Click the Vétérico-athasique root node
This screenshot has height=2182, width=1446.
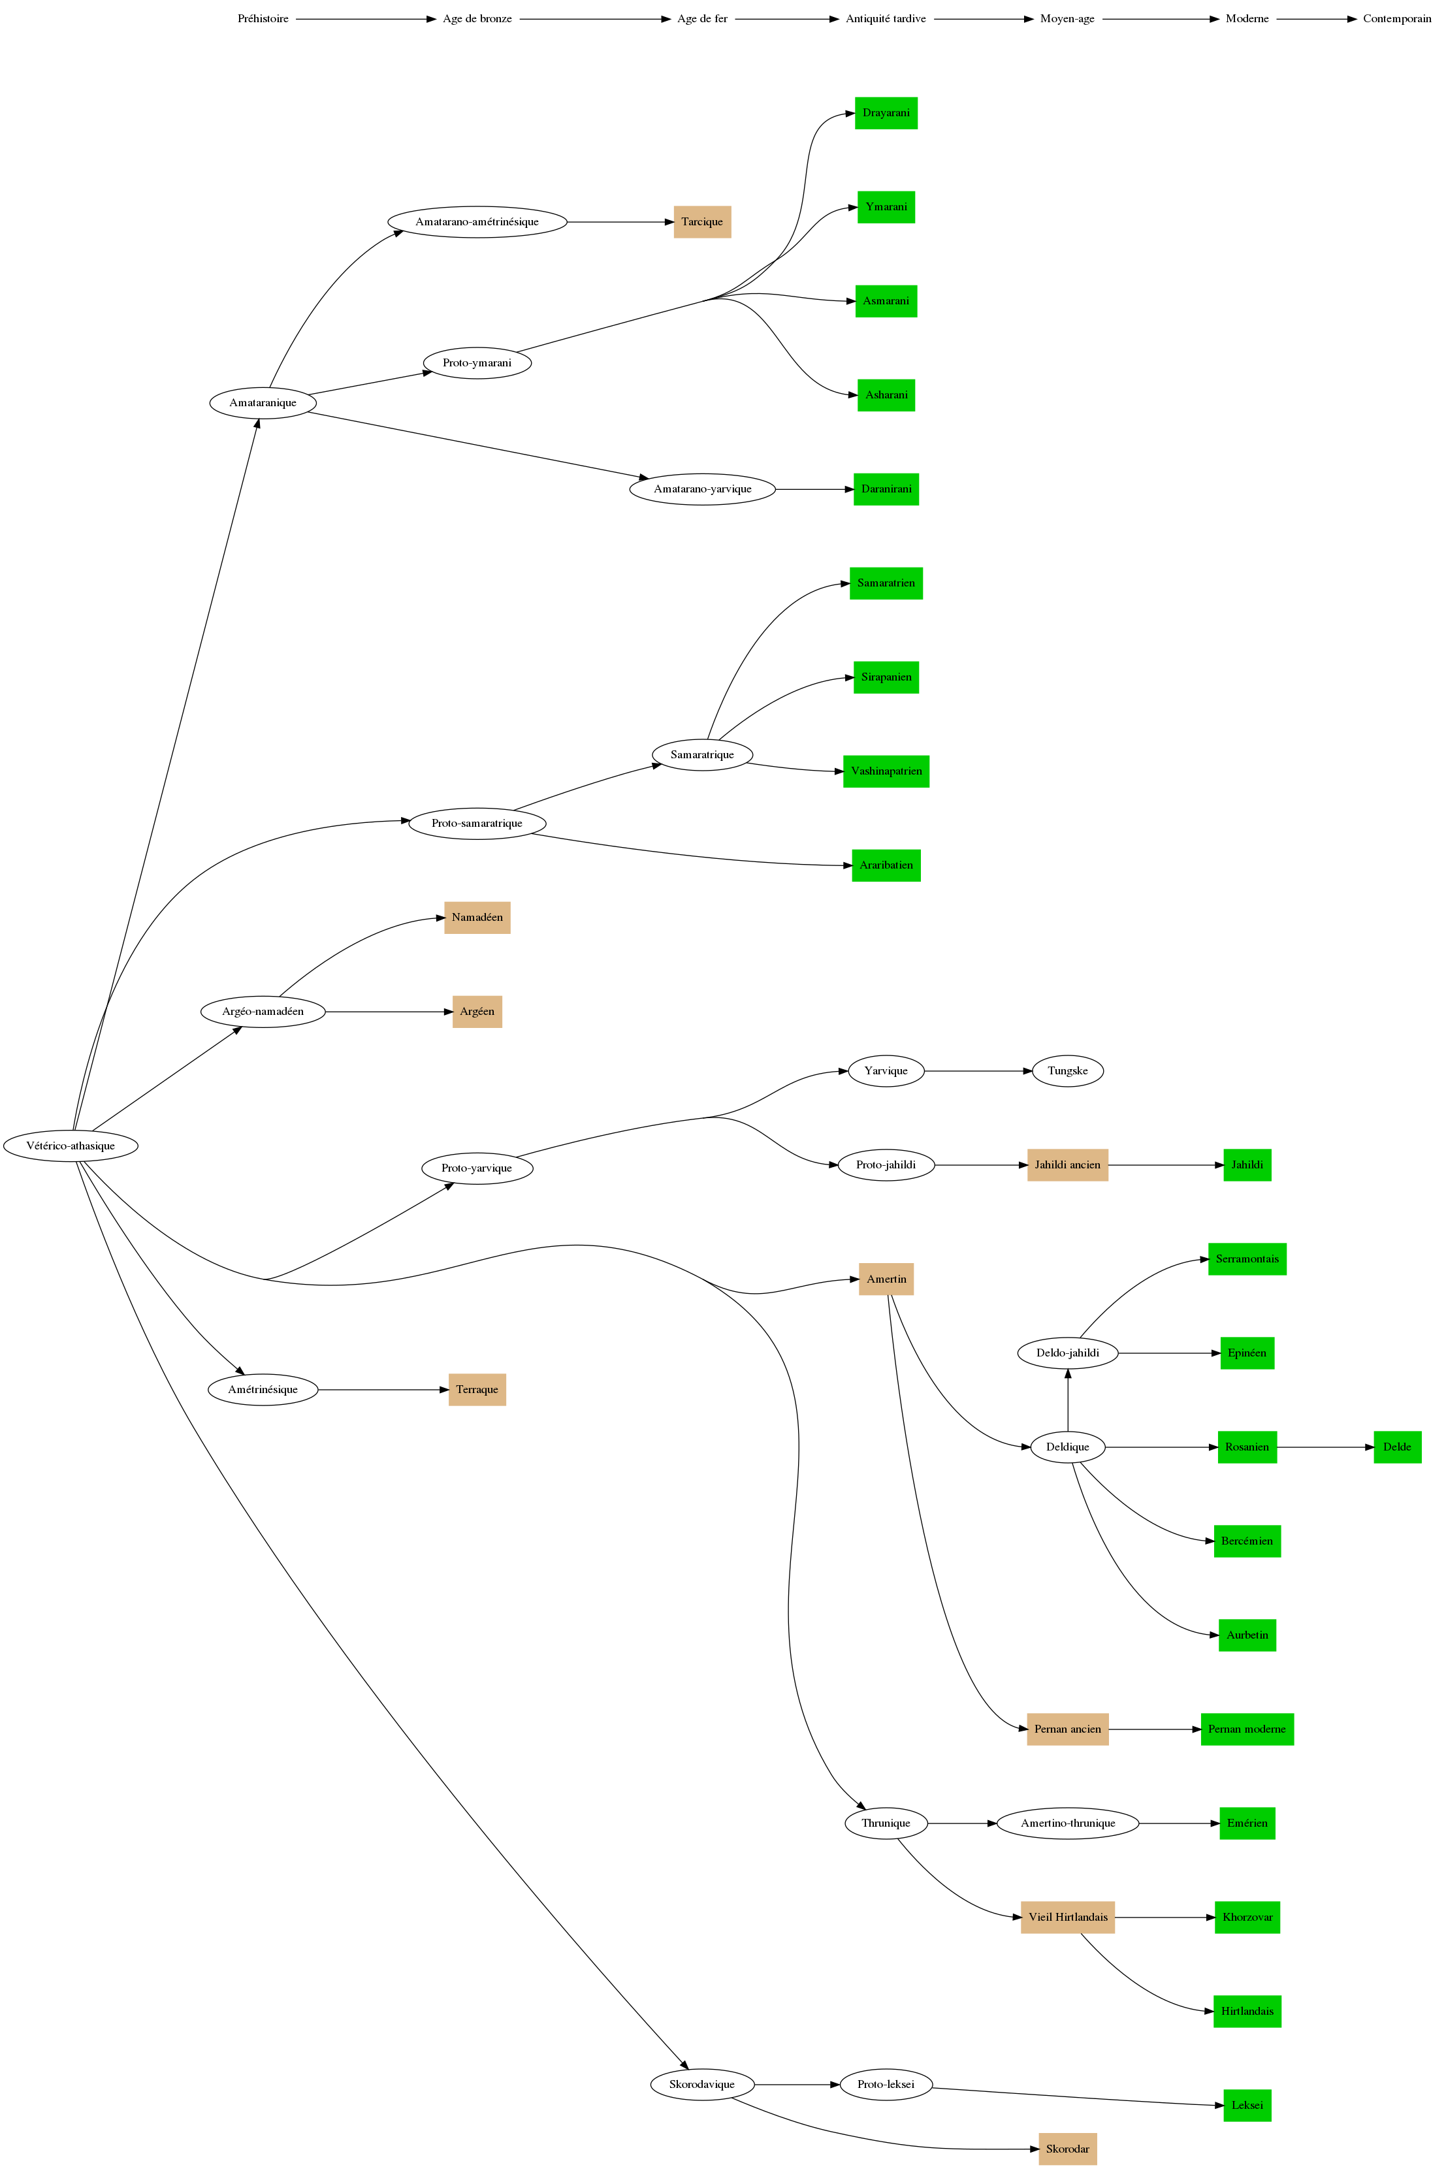(71, 1146)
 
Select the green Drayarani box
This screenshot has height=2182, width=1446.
(886, 112)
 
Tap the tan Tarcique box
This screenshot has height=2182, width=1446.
(702, 221)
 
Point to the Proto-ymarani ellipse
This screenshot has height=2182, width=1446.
(477, 362)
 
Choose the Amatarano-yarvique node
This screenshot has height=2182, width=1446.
(702, 489)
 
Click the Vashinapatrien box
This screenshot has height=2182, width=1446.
(886, 771)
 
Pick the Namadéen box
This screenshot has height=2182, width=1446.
(477, 918)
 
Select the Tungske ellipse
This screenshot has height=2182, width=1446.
(1067, 1070)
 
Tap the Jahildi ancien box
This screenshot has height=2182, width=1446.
(1067, 1164)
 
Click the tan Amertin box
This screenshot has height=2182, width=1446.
(886, 1279)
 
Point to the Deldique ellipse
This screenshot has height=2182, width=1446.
(1067, 1447)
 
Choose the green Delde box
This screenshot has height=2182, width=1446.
(1396, 1447)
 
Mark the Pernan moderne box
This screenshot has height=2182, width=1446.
(1246, 1729)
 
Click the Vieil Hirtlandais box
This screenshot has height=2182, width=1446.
(1067, 1917)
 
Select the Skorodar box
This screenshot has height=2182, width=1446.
(1067, 2149)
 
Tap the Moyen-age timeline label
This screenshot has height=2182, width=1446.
(1067, 18)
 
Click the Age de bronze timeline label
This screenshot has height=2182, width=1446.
(477, 18)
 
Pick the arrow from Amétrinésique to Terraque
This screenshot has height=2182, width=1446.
(383, 1390)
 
